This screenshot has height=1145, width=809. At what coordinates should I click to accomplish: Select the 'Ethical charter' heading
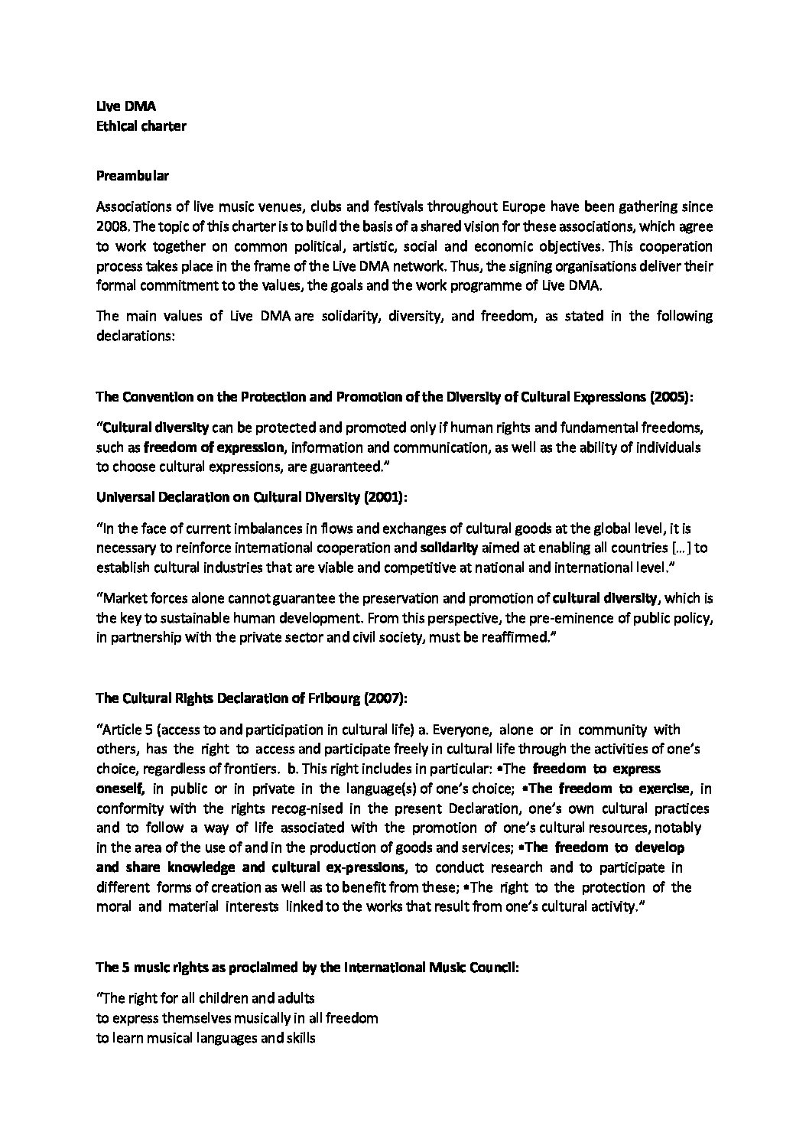(x=141, y=126)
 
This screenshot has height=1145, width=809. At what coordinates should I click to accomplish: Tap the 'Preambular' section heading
(x=132, y=175)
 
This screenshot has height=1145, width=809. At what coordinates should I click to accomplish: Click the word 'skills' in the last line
(x=299, y=1039)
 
